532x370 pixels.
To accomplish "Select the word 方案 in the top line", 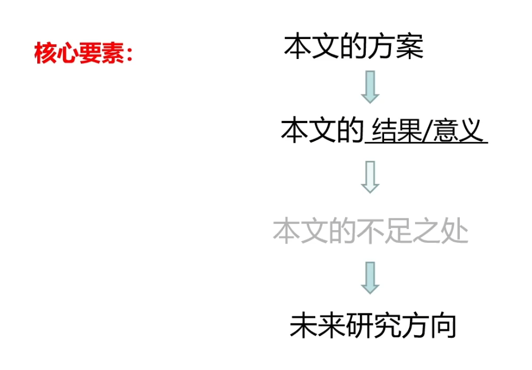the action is (396, 47).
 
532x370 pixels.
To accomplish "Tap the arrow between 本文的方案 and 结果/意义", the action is (370, 87).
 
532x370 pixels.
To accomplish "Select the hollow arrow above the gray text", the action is (370, 177).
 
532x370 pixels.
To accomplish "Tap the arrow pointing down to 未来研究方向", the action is (370, 278).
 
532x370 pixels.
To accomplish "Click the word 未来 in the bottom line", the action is (318, 325).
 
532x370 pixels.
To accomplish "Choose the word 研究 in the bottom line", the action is (373, 325).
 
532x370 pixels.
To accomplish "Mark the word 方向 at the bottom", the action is (428, 325).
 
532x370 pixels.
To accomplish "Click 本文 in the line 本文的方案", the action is (312, 47).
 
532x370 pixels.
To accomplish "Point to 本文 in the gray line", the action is (301, 232).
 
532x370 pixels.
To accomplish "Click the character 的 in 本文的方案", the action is (354, 47).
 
